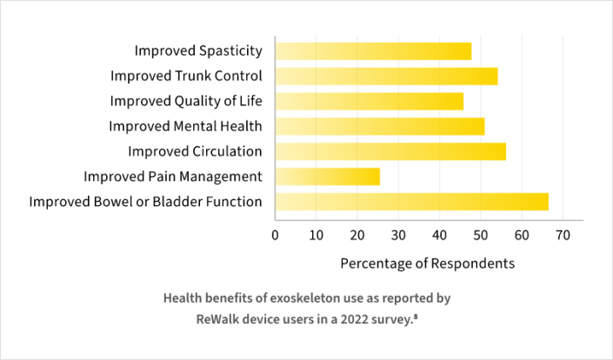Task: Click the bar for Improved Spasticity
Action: click(374, 51)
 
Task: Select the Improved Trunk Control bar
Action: click(387, 76)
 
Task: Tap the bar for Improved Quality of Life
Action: click(370, 101)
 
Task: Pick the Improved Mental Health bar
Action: click(380, 126)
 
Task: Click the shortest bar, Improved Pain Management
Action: click(328, 177)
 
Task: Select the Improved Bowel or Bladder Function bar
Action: click(412, 202)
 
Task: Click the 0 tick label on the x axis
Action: click(276, 235)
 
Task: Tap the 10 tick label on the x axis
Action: click(316, 235)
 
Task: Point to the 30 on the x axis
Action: click(398, 235)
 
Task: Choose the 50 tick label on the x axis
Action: click(481, 235)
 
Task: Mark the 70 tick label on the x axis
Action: click(563, 235)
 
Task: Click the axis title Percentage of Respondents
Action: click(428, 262)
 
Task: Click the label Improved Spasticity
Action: click(198, 51)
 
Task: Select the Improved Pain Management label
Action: click(173, 177)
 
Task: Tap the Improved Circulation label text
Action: click(195, 151)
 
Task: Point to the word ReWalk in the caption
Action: click(218, 318)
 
